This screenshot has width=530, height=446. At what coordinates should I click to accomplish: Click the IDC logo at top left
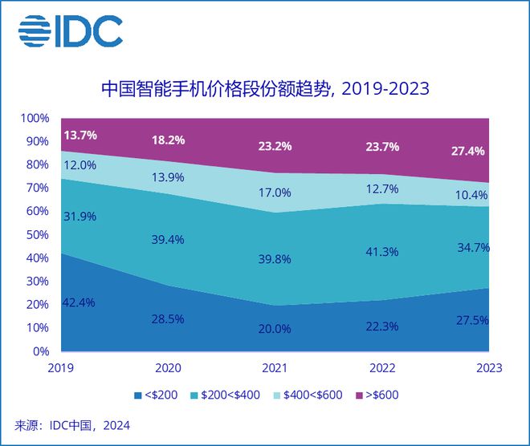[71, 31]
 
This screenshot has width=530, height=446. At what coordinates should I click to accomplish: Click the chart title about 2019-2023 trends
[264, 88]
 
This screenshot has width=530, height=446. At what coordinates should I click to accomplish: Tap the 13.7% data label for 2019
[79, 135]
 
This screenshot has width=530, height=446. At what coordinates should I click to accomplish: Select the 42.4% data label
[79, 302]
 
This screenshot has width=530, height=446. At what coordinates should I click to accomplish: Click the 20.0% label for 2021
[274, 329]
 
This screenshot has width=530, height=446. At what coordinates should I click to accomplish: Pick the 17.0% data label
[274, 193]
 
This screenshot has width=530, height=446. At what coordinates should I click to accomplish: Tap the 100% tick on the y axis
[35, 119]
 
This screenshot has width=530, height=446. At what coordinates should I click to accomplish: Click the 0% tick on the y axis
[41, 351]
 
